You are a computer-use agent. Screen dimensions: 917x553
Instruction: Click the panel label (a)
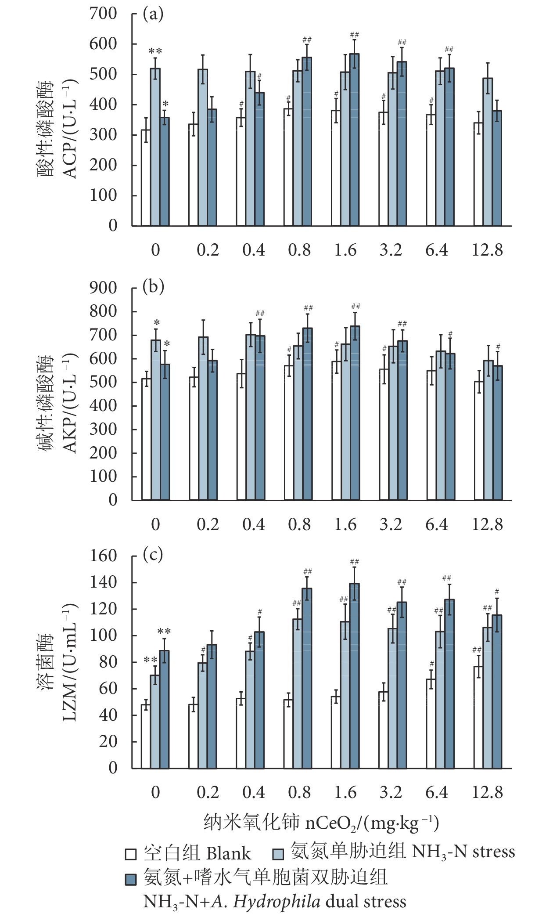[153, 14]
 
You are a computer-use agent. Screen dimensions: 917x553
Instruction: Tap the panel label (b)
[153, 287]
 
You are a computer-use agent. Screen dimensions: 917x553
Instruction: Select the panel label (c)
[153, 555]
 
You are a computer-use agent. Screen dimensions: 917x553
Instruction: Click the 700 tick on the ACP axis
[103, 14]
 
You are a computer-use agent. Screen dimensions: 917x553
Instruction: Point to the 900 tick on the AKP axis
[103, 288]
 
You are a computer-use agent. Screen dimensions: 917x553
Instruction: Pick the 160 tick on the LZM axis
[103, 556]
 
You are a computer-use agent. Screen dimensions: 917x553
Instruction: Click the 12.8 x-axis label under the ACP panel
[487, 250]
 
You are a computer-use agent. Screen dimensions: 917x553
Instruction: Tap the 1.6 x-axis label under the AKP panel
[345, 524]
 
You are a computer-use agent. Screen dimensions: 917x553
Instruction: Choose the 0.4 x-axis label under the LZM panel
[254, 792]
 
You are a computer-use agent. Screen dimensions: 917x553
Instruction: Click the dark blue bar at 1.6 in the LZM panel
[354, 676]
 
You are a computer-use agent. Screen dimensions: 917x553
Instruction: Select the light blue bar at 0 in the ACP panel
[155, 147]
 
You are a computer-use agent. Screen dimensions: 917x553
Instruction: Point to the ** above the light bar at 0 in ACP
[155, 51]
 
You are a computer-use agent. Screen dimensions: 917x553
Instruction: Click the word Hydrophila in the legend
[276, 902]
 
